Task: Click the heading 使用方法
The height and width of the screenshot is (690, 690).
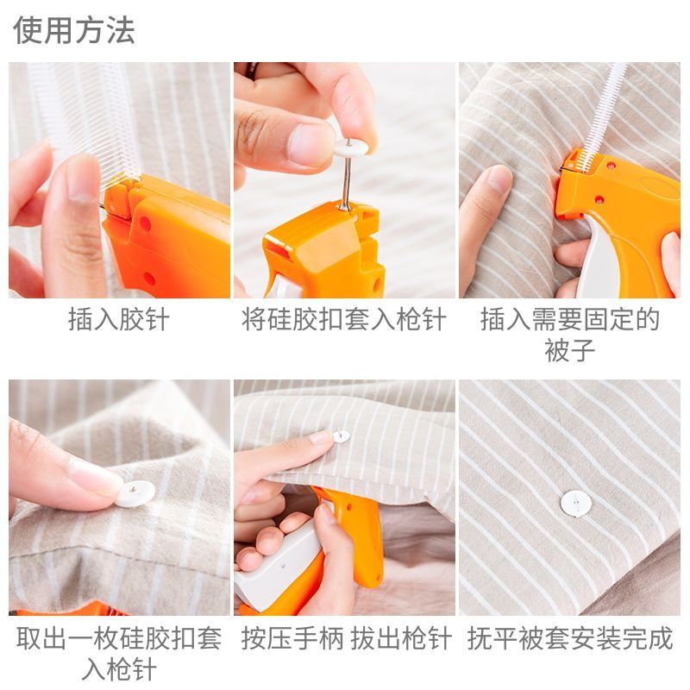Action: tap(74, 30)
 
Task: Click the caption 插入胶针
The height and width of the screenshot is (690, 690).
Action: tap(119, 319)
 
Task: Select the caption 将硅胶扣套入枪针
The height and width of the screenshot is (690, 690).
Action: tap(344, 319)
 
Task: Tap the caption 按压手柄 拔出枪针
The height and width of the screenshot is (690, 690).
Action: tap(347, 638)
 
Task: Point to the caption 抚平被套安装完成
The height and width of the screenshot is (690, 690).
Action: tap(570, 638)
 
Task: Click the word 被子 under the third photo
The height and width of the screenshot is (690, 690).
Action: tap(570, 350)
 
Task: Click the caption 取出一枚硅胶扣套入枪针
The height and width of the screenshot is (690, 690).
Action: tap(119, 654)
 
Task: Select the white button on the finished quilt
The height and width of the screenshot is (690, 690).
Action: tap(576, 504)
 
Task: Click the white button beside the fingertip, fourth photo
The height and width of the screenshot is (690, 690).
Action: tap(135, 492)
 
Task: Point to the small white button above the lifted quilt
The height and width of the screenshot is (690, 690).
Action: tap(341, 436)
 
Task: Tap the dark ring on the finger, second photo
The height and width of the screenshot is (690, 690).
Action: tap(253, 70)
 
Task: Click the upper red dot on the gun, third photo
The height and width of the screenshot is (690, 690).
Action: tap(611, 166)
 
